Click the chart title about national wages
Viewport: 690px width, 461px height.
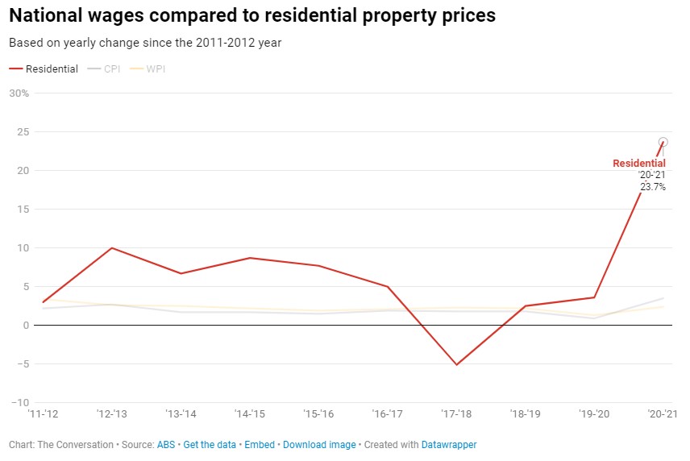pos(252,15)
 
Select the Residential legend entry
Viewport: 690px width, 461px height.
pos(44,69)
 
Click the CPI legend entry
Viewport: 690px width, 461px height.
pos(105,69)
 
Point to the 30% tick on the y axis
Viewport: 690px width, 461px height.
pos(19,93)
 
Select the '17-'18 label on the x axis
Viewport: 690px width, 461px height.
pos(455,414)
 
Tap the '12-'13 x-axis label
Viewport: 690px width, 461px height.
pos(111,414)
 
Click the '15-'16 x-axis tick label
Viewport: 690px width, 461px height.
pos(318,414)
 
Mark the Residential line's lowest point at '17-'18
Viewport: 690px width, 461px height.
pos(456,365)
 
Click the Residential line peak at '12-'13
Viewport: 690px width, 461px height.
pos(111,247)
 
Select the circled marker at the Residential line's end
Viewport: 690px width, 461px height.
pos(663,142)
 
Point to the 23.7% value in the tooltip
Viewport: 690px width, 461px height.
pos(653,187)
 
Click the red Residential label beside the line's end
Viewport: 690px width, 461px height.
pos(639,164)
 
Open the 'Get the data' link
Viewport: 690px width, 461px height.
pos(210,445)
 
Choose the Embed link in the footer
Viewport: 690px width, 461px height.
pos(260,445)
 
